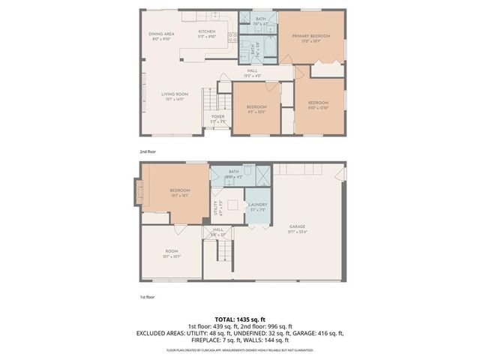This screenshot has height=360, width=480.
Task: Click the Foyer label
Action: [217, 118]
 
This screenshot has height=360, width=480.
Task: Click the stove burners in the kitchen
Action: [232, 36]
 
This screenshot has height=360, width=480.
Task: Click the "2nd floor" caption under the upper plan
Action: [148, 151]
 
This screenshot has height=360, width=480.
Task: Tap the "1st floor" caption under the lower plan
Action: [147, 297]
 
